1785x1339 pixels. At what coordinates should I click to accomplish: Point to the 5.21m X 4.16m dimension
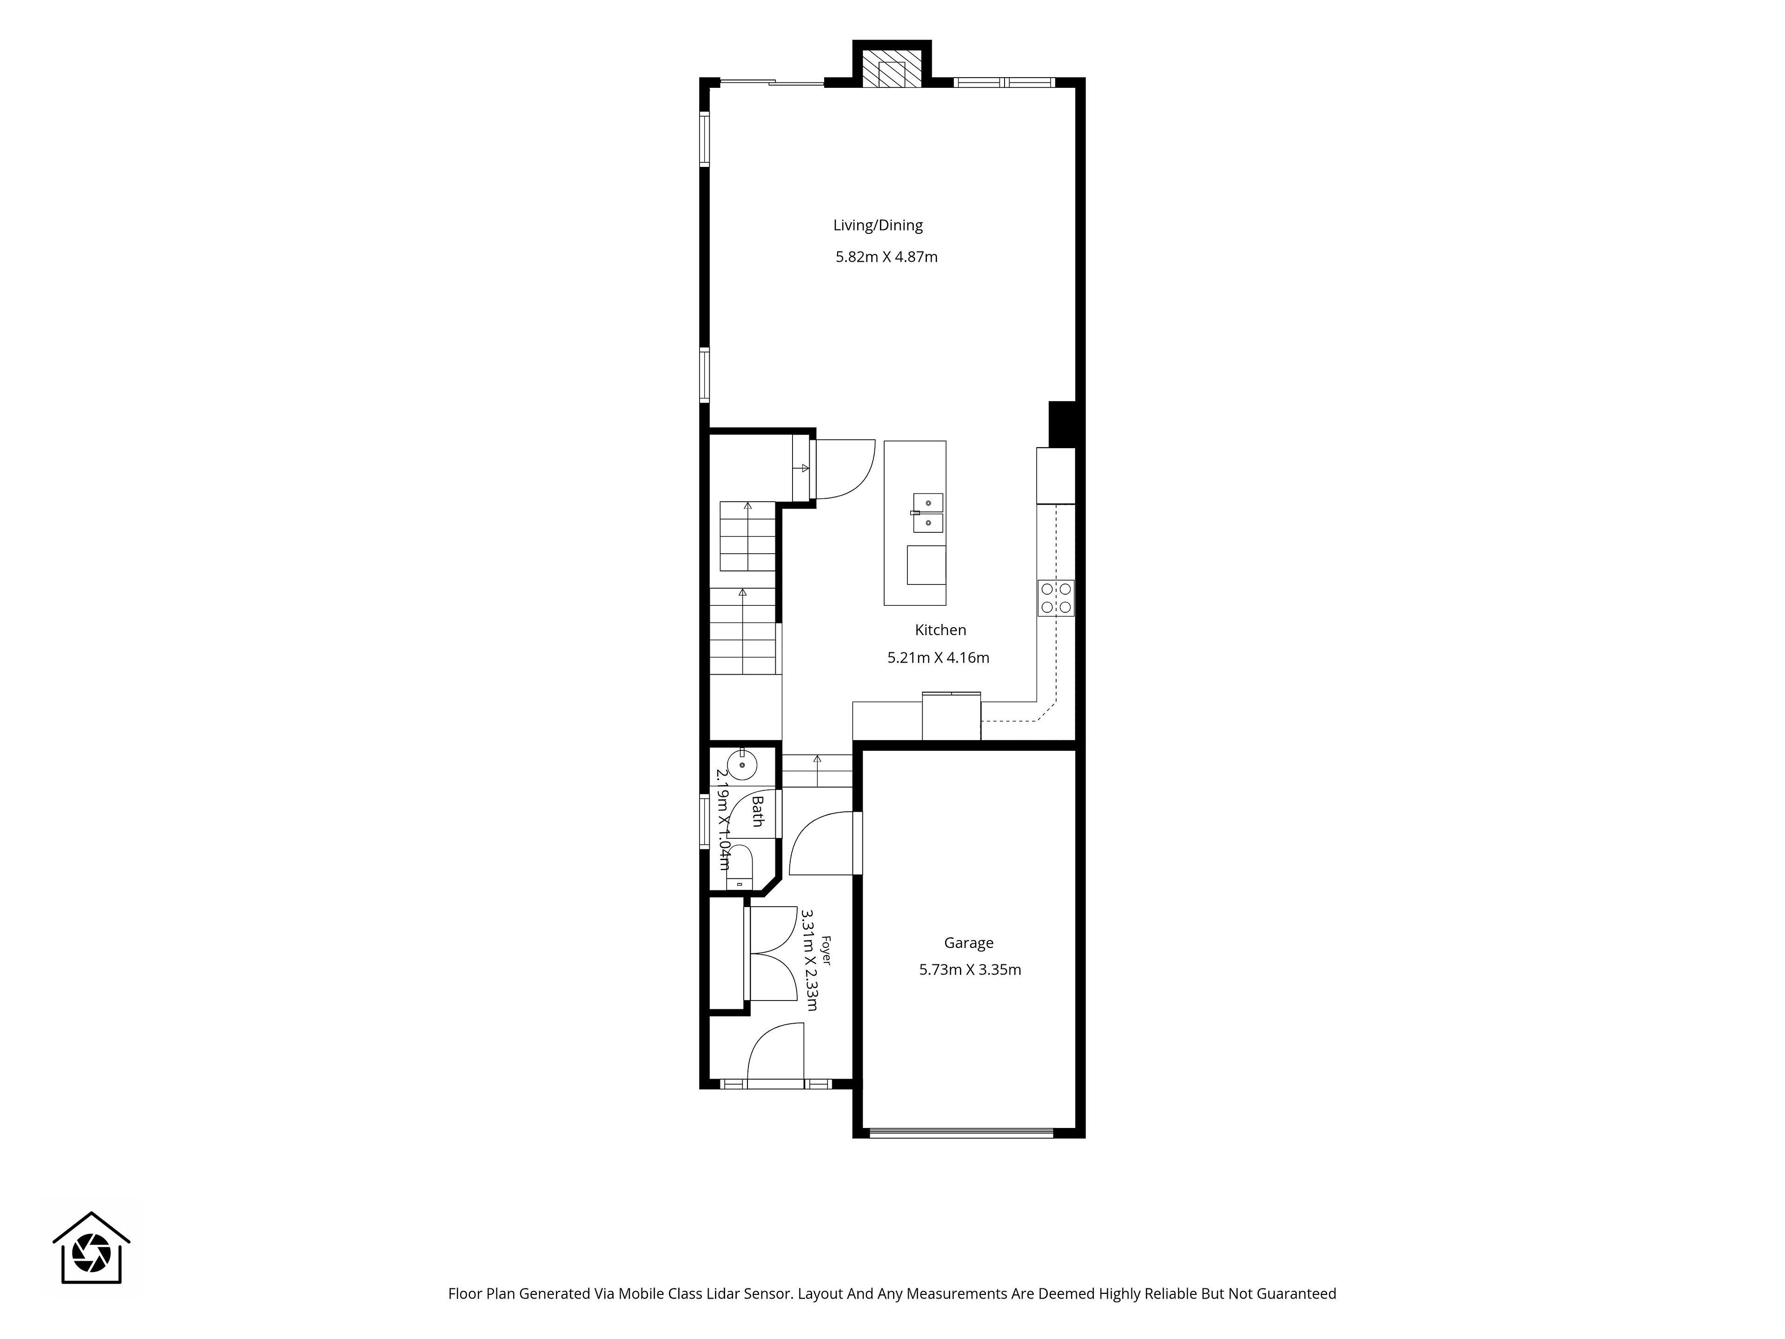coord(939,658)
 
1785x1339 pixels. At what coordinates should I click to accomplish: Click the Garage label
coord(968,943)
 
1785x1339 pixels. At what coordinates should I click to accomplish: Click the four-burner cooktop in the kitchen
coord(1056,598)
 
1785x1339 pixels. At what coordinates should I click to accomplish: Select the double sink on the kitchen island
coord(928,513)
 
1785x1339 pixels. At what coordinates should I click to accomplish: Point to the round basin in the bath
coord(741,763)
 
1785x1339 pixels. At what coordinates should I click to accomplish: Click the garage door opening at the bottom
coord(962,1133)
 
